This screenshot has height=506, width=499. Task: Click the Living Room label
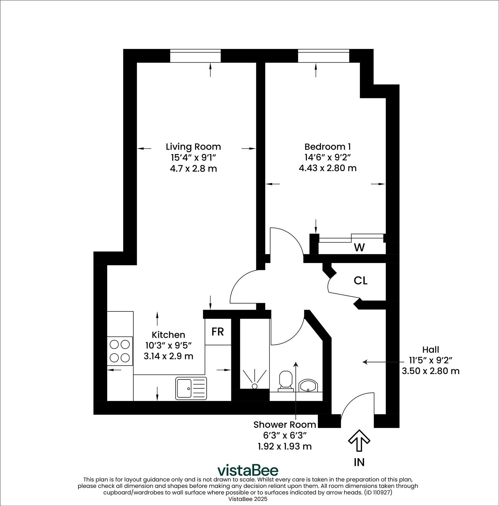coord(193,147)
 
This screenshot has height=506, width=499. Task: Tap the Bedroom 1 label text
coord(327,147)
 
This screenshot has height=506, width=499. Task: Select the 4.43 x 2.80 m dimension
coord(327,168)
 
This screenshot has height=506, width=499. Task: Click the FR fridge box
coord(218,332)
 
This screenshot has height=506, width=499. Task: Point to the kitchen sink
coord(191,388)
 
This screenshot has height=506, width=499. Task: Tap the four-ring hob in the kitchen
coord(120,351)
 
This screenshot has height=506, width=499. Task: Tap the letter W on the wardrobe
coord(359,248)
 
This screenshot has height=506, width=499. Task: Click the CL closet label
coord(360,281)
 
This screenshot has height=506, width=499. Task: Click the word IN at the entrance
coord(359,462)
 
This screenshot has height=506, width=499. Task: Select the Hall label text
coord(430,349)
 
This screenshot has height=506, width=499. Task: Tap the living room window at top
coord(195,56)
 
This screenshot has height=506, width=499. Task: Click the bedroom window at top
coord(323,56)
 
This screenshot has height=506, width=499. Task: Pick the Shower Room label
coord(284,424)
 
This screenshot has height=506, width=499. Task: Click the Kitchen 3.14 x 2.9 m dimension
coord(168,356)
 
